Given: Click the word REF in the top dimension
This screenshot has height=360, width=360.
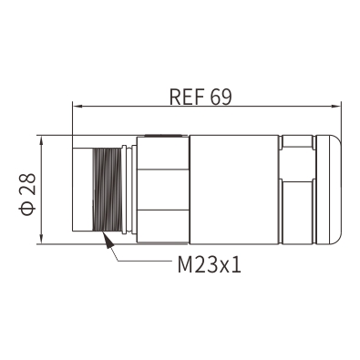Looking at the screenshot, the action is (x=186, y=97).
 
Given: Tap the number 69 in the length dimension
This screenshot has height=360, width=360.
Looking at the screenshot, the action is (x=221, y=97).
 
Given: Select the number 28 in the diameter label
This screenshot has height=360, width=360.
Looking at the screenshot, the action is (x=28, y=184).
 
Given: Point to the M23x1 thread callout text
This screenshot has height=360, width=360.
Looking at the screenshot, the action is (x=210, y=264).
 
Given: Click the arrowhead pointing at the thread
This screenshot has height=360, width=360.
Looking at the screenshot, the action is (x=108, y=240).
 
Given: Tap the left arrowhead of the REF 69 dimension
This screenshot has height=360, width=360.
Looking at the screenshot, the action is (x=78, y=107).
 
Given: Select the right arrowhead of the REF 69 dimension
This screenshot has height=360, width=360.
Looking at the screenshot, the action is (x=335, y=107).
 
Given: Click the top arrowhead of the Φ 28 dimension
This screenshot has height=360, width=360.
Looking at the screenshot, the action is (x=42, y=140).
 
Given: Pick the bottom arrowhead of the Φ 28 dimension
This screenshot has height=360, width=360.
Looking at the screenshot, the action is (x=42, y=239).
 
